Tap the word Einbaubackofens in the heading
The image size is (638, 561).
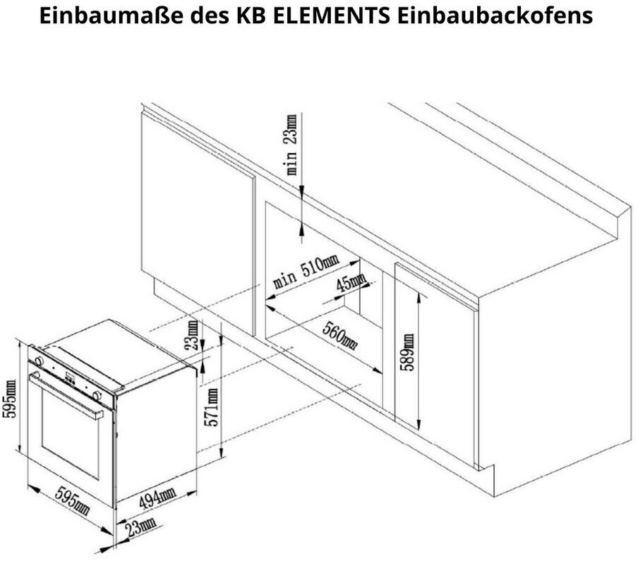pos(495,16)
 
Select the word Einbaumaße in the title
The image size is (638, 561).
pos(111,16)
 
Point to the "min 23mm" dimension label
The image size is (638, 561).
pos(291,145)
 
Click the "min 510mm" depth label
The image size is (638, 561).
pos(305,272)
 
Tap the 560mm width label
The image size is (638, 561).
pos(340,334)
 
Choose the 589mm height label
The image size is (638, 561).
pos(407,352)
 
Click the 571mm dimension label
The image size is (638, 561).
pos(212,407)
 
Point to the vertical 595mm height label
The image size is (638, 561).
pos(9,398)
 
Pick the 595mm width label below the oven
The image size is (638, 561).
pos(73,500)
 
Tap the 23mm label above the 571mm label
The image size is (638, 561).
pos(191,334)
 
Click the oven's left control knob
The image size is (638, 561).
pos(39,361)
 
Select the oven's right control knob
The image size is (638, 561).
pos(97,394)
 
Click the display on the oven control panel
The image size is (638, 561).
pos(70,379)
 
